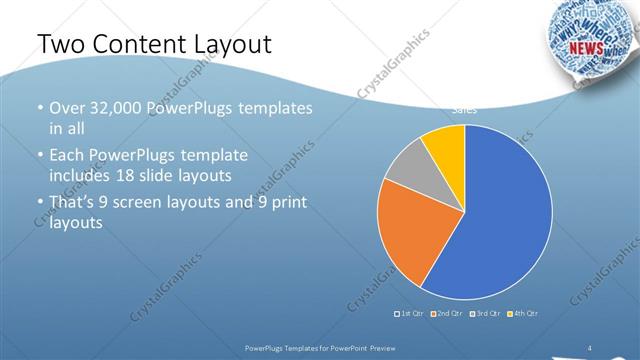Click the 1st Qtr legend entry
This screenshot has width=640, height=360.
coord(409,314)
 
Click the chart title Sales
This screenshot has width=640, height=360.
coord(465,108)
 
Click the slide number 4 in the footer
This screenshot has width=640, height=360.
coord(590,347)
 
